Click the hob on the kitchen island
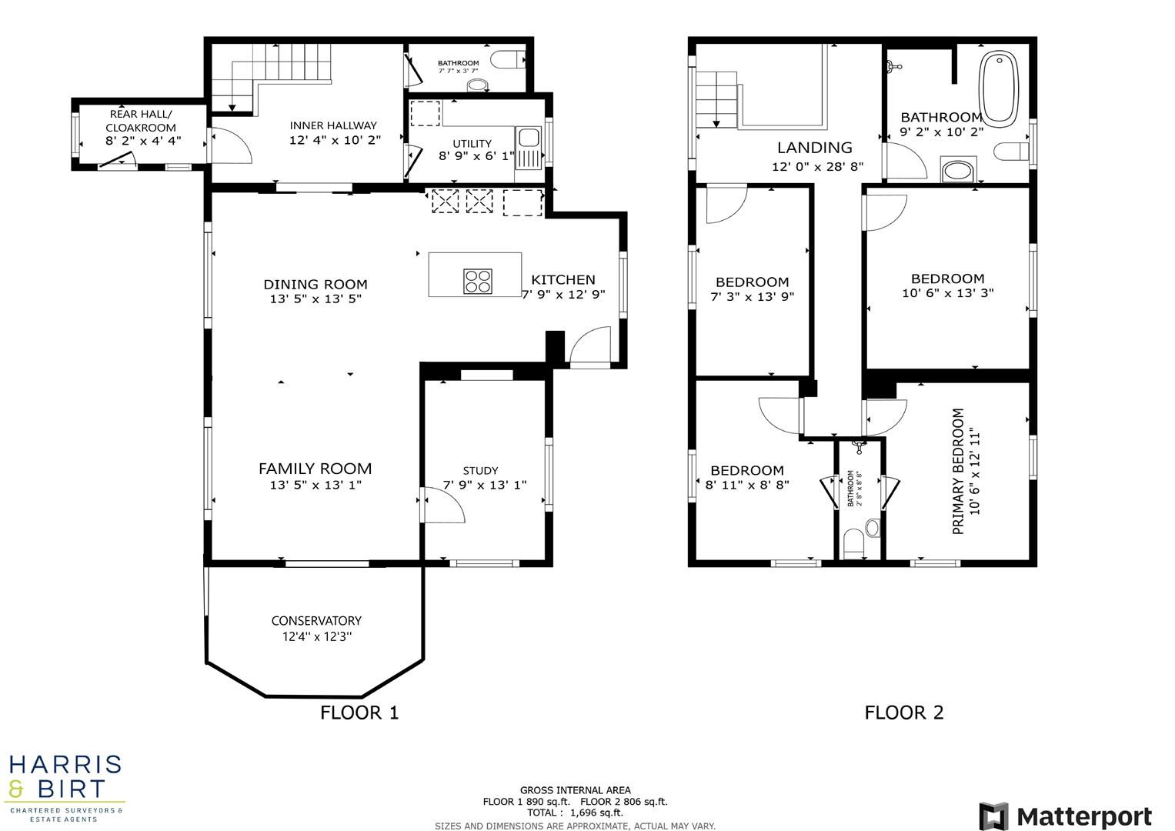point(477,281)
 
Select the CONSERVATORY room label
point(316,621)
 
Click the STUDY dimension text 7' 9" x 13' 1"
point(485,485)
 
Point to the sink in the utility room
point(528,138)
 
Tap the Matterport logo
point(1065,816)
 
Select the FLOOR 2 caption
point(903,713)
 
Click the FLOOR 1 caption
point(359,713)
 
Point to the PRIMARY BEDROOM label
point(958,471)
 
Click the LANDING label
point(814,148)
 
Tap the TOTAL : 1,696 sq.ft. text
point(575,813)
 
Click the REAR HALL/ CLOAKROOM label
point(141,121)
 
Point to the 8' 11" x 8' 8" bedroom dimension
point(747,486)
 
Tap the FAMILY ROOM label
point(315,469)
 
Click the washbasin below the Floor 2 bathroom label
point(957,170)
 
